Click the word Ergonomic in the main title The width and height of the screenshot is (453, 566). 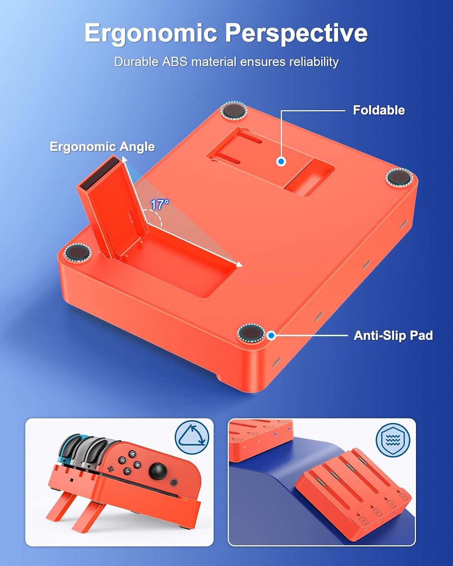150,34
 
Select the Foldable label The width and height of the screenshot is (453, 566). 379,110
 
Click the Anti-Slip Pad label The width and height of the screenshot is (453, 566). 393,335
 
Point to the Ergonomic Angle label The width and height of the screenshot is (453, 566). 102,146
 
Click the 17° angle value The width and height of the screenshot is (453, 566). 160,205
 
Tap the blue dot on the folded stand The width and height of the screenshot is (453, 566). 281,161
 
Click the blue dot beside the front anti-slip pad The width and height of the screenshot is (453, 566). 271,335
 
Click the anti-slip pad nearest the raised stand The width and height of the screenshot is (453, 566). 77,253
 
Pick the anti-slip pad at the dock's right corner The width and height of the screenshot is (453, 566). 399,177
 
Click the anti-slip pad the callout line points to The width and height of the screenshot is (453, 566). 251,333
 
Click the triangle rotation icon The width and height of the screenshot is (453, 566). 192,438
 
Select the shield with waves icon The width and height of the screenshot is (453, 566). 393,440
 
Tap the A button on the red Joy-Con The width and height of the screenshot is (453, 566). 133,454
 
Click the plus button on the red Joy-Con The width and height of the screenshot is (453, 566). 111,469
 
